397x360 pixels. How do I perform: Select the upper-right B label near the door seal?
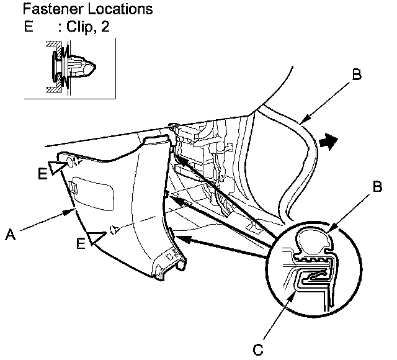pos(356,75)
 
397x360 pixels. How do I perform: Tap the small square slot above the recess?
pos(73,185)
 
